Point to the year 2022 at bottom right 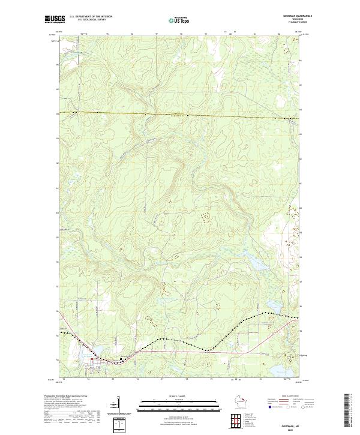[291, 429]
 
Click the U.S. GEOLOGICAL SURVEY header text [90, 21]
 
